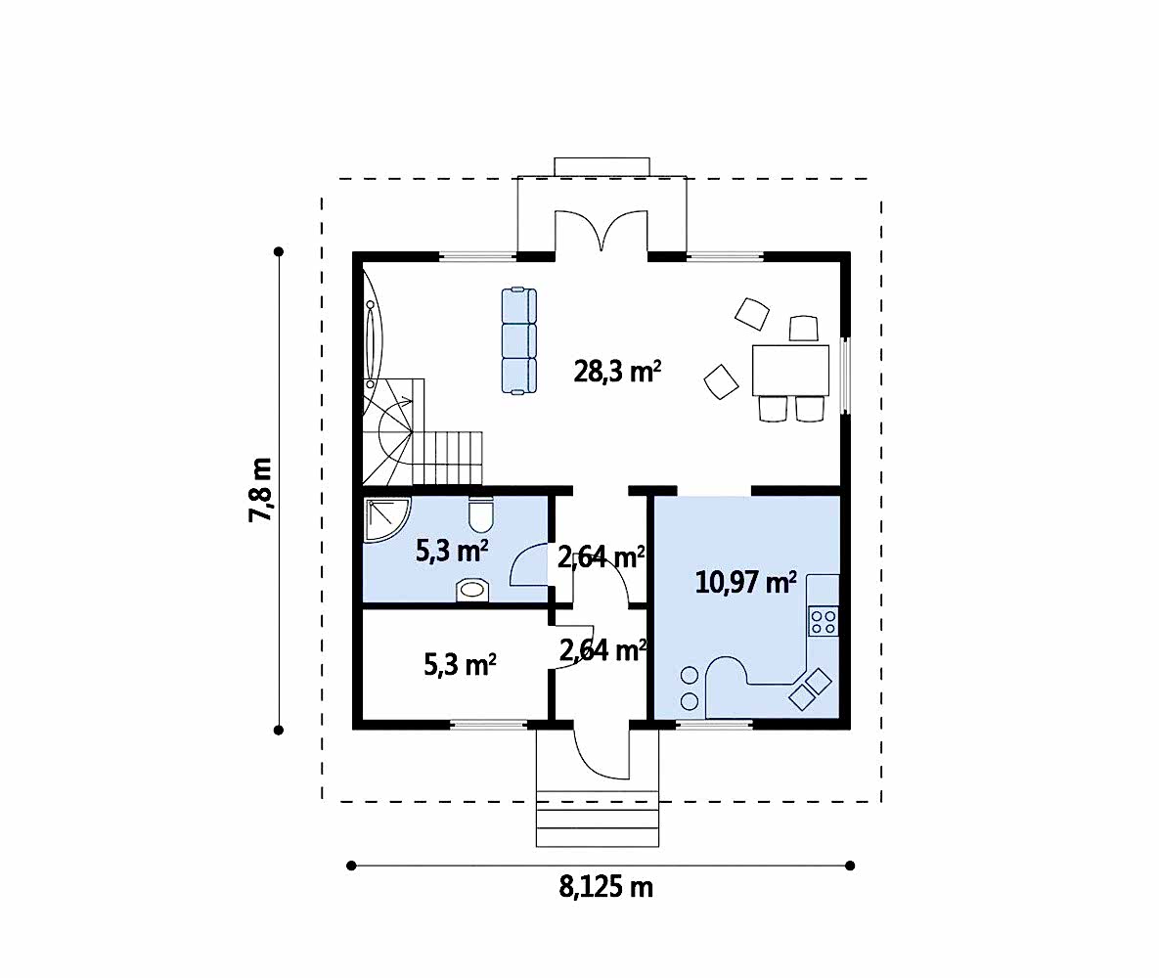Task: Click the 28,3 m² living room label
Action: (x=617, y=371)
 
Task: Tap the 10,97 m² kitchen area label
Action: (x=746, y=583)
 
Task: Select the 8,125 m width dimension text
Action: (x=606, y=886)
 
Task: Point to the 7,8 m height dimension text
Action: (x=261, y=490)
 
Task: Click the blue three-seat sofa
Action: (x=519, y=340)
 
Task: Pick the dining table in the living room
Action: (x=790, y=370)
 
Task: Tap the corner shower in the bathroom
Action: (x=384, y=519)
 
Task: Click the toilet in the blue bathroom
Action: (x=480, y=514)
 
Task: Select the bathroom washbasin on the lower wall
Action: (x=473, y=590)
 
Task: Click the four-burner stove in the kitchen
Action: (x=824, y=621)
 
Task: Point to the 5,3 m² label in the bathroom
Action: (x=452, y=551)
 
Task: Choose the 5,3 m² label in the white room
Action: (x=460, y=665)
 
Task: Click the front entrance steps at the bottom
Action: (x=598, y=819)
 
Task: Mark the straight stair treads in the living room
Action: (x=447, y=459)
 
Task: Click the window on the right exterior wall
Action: (x=846, y=377)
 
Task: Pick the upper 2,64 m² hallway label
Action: (x=601, y=557)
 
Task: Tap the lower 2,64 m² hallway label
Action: (x=603, y=650)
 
